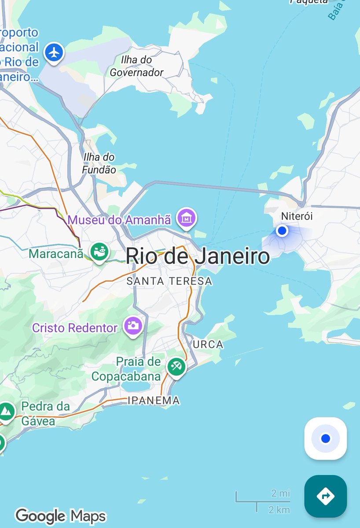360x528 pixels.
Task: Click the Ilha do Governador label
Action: click(x=136, y=66)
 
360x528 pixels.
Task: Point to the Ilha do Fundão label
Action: click(x=99, y=163)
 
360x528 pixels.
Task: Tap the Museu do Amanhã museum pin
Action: click(x=187, y=217)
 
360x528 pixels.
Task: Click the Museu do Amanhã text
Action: click(x=119, y=220)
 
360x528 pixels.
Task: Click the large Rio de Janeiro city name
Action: click(x=198, y=256)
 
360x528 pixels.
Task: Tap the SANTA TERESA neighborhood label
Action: click(x=169, y=281)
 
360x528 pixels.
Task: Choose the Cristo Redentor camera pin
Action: click(x=133, y=326)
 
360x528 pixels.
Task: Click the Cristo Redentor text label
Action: click(x=75, y=328)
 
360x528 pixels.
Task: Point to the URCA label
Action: click(x=208, y=345)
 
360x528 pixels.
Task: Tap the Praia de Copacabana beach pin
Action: click(x=176, y=366)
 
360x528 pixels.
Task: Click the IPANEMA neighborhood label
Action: click(x=154, y=400)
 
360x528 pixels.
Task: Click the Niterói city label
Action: click(x=297, y=216)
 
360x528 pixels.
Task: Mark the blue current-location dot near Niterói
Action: click(x=282, y=231)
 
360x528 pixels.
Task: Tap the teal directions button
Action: click(x=325, y=496)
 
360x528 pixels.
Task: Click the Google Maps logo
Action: click(x=60, y=516)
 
